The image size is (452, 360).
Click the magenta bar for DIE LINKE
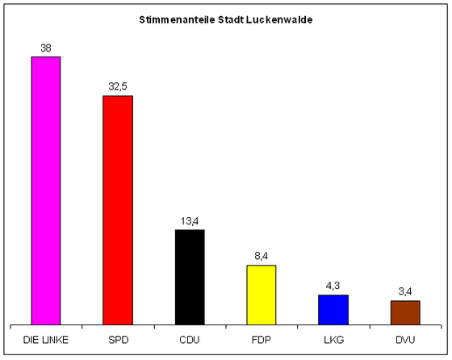pos(46,190)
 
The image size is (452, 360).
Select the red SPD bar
pos(118,210)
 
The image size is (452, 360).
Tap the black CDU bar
pos(190,278)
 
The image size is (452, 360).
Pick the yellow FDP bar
pos(262,295)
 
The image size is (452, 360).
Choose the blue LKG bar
pos(333,310)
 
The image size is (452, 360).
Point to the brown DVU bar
pos(405,312)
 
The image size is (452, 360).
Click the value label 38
pos(46,48)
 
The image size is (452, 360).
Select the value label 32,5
pos(118,86)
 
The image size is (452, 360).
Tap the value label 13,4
pos(190,221)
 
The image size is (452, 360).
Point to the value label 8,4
pos(262,256)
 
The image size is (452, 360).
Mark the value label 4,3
pos(333,286)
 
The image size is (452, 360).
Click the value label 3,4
pos(405,291)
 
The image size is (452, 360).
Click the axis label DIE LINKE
pos(46,340)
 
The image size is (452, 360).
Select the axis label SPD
pos(118,340)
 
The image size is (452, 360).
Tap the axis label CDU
pos(190,340)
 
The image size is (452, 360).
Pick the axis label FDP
pos(262,340)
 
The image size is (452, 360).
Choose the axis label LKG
pos(334,340)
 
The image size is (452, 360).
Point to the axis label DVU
pos(405,340)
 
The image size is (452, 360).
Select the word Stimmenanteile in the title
pos(177,20)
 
